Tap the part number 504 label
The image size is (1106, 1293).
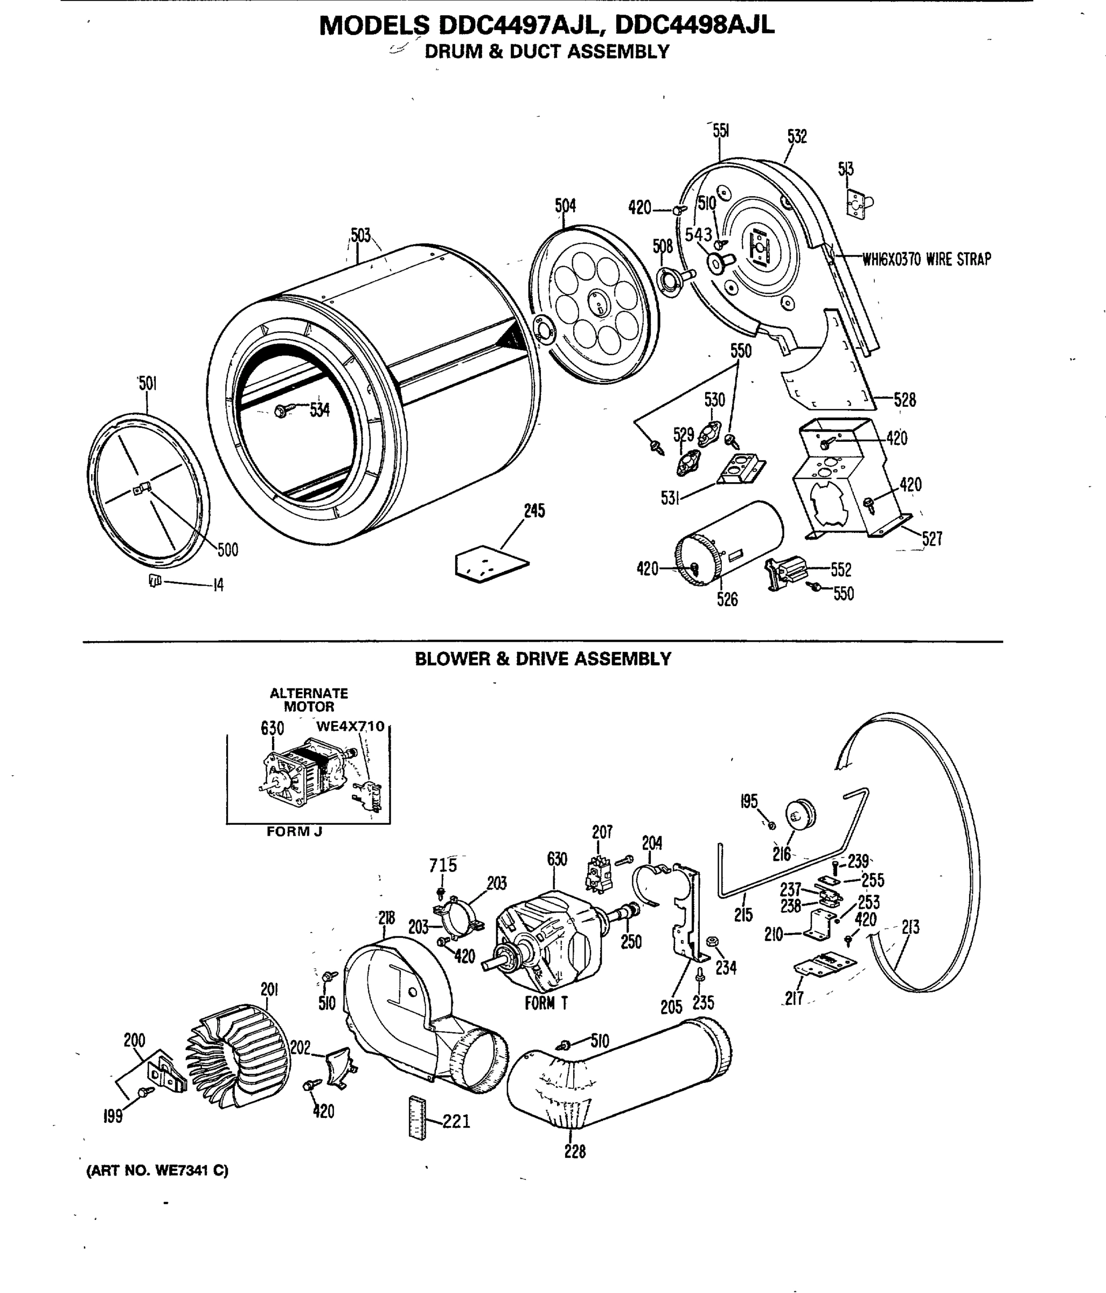coord(565,205)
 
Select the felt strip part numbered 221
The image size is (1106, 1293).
coord(417,1117)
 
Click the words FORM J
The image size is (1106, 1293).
coord(294,832)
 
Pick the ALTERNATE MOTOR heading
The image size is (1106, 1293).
coord(308,699)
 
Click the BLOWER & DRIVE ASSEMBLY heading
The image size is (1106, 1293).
coord(543,659)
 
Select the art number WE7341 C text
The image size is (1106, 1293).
coord(157,1171)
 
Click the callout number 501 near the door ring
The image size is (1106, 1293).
coord(147,383)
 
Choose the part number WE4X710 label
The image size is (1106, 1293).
coord(350,726)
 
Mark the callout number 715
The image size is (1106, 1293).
coord(442,866)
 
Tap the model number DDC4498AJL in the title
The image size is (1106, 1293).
coord(694,25)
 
